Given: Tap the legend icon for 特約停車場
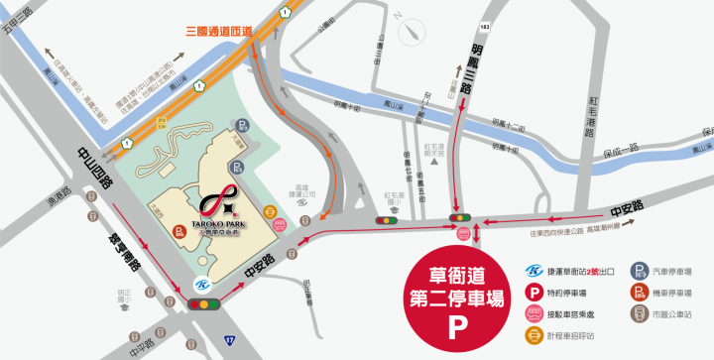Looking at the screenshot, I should (534, 294).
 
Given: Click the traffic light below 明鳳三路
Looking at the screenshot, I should (459, 217).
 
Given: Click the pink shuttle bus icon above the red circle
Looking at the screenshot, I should (462, 234).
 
